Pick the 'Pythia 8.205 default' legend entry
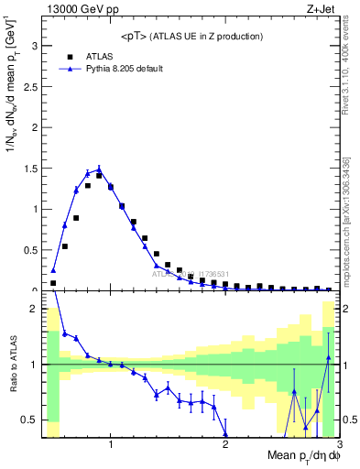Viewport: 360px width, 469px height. click(x=118, y=69)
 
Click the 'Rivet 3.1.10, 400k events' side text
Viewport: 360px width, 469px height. click(x=350, y=65)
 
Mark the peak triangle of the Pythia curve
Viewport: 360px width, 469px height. click(x=99, y=169)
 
